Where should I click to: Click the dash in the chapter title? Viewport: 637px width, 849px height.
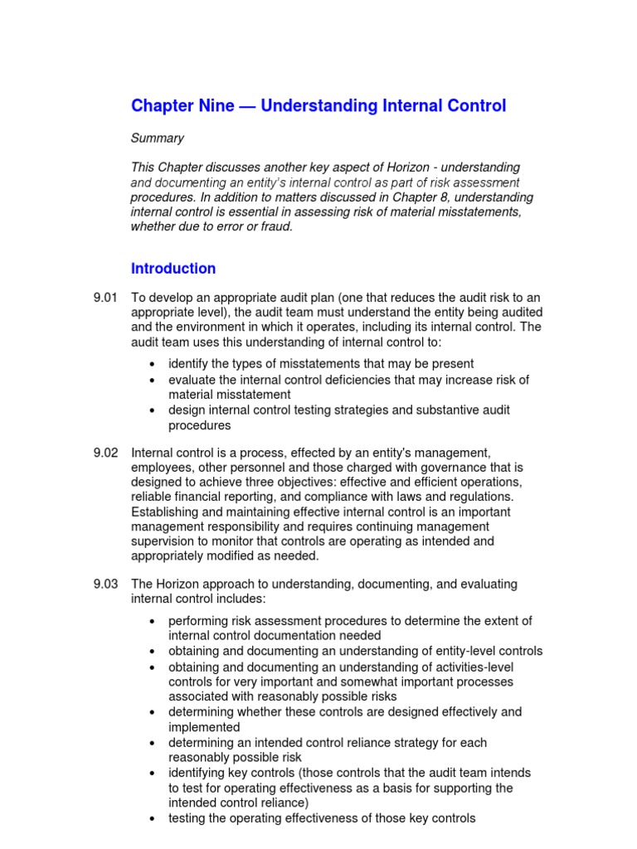coord(248,106)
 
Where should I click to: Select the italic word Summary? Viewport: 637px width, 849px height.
coord(158,138)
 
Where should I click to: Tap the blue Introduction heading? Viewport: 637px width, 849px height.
coord(173,269)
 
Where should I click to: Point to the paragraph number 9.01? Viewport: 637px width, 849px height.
coord(107,298)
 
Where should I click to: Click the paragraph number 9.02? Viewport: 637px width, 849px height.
coord(107,453)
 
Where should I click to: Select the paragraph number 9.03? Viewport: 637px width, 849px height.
coord(107,585)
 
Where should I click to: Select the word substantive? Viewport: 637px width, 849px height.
coord(444,410)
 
